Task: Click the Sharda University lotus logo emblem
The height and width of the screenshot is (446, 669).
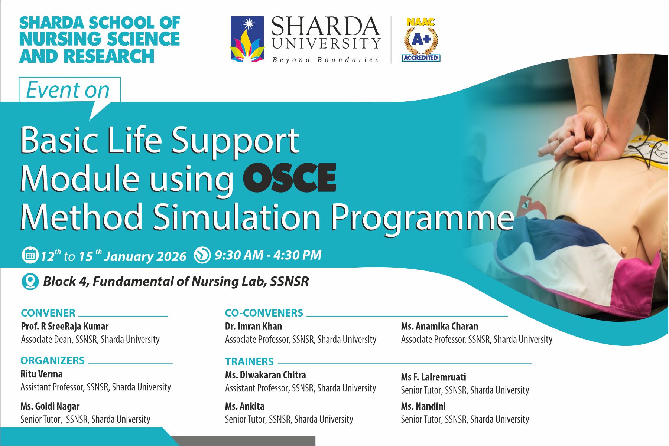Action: click(x=247, y=39)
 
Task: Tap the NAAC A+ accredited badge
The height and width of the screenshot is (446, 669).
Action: click(x=421, y=39)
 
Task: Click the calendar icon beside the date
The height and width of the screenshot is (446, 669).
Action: click(x=30, y=255)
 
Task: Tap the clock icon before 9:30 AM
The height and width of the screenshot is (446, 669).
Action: click(x=202, y=255)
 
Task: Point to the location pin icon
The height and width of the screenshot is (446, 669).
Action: click(x=30, y=282)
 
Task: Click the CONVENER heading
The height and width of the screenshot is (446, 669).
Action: click(x=48, y=313)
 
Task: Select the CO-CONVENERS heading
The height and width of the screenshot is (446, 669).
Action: click(x=264, y=313)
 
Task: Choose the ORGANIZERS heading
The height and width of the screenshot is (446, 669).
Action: click(x=53, y=360)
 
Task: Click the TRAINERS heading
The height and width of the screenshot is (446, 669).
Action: click(x=249, y=361)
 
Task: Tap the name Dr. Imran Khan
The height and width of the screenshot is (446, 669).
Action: click(x=253, y=326)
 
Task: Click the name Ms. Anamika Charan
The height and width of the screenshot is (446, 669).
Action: click(x=439, y=326)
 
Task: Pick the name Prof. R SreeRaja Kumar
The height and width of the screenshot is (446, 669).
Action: click(x=65, y=326)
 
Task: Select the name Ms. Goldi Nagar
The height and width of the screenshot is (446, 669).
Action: click(x=50, y=406)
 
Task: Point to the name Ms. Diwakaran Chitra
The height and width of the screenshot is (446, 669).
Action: click(x=265, y=375)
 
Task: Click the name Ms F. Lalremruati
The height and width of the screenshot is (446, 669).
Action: click(x=433, y=377)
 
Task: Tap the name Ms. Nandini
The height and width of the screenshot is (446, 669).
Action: click(x=423, y=406)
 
